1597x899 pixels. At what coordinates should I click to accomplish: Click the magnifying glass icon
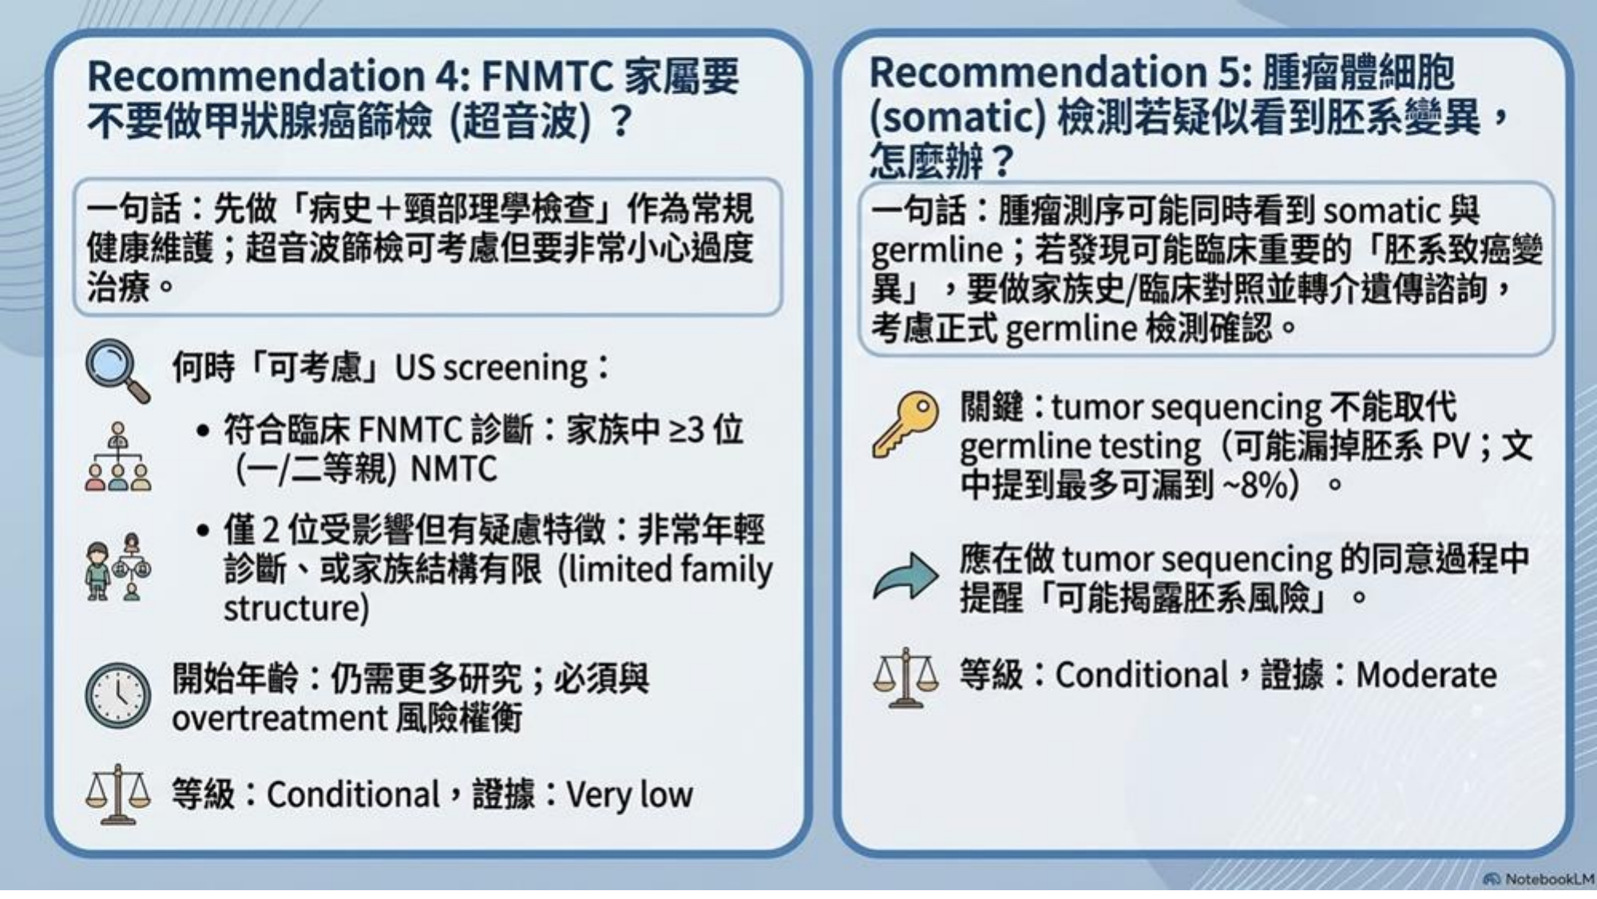117,370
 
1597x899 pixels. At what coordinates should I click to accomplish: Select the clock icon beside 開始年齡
118,695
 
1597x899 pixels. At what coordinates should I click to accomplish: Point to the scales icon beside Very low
117,795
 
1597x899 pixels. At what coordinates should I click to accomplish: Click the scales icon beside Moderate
905,678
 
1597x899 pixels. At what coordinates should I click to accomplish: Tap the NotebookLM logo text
1548,879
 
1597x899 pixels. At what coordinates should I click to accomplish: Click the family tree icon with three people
118,456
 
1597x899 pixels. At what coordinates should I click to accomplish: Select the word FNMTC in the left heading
547,77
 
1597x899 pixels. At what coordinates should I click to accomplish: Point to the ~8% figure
1261,485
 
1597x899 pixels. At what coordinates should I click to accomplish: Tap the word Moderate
1426,675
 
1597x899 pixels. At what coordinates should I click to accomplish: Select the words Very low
629,795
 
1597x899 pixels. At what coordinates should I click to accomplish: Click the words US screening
491,369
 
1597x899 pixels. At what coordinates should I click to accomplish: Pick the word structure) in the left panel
296,608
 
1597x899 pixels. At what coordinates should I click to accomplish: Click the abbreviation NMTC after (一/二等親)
454,469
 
